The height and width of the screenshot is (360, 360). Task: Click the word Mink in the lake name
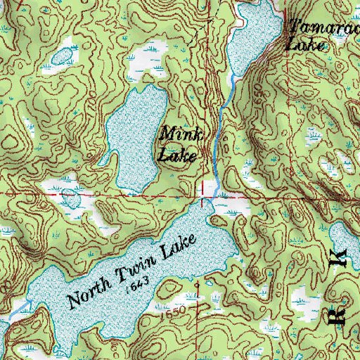pos(177,133)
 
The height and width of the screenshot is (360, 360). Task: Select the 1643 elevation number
pos(138,285)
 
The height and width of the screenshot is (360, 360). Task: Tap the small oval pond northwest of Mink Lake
pos(63,55)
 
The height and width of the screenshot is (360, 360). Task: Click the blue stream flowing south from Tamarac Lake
pos(220,127)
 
